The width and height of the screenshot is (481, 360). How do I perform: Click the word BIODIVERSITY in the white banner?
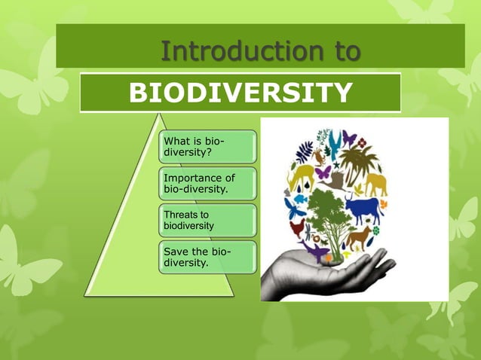(240, 93)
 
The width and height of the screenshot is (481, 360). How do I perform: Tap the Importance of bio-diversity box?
(206, 183)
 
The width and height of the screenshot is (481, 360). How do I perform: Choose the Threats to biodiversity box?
(206, 220)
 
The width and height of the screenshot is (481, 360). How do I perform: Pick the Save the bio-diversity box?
(206, 257)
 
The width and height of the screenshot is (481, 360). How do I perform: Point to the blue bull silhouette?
(362, 207)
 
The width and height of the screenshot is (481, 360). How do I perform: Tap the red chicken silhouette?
(297, 227)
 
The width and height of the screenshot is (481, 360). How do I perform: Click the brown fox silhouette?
(360, 236)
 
